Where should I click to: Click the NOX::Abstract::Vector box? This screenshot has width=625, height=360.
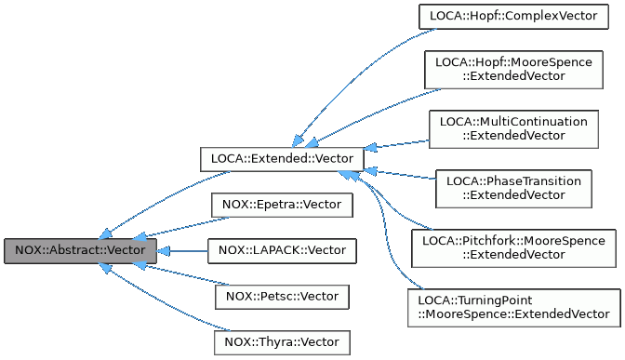coord(80,250)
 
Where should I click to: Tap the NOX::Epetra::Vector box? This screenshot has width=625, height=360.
coord(282,204)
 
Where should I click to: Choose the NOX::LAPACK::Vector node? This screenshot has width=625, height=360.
coord(282,250)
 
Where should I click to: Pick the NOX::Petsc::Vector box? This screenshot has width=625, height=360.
coord(282,297)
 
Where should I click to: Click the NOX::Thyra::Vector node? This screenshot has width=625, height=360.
coord(282,342)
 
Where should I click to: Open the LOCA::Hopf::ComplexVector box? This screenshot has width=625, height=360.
coord(513,16)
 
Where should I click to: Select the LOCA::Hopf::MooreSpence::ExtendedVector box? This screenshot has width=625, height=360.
coord(513,68)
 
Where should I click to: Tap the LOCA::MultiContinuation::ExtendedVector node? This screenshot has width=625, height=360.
coord(513,128)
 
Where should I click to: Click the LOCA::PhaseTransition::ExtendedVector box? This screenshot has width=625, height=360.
coord(513,188)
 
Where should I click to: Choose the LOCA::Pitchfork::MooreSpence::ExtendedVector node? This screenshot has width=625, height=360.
coord(513,247)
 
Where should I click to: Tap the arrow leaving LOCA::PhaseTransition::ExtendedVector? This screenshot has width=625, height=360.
coord(400,177)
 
